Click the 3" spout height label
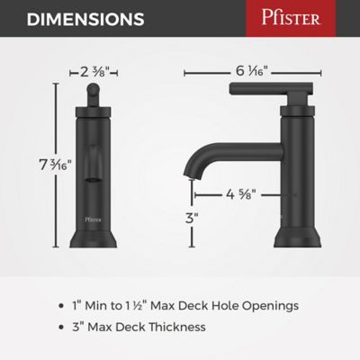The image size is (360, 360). click(x=190, y=218)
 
